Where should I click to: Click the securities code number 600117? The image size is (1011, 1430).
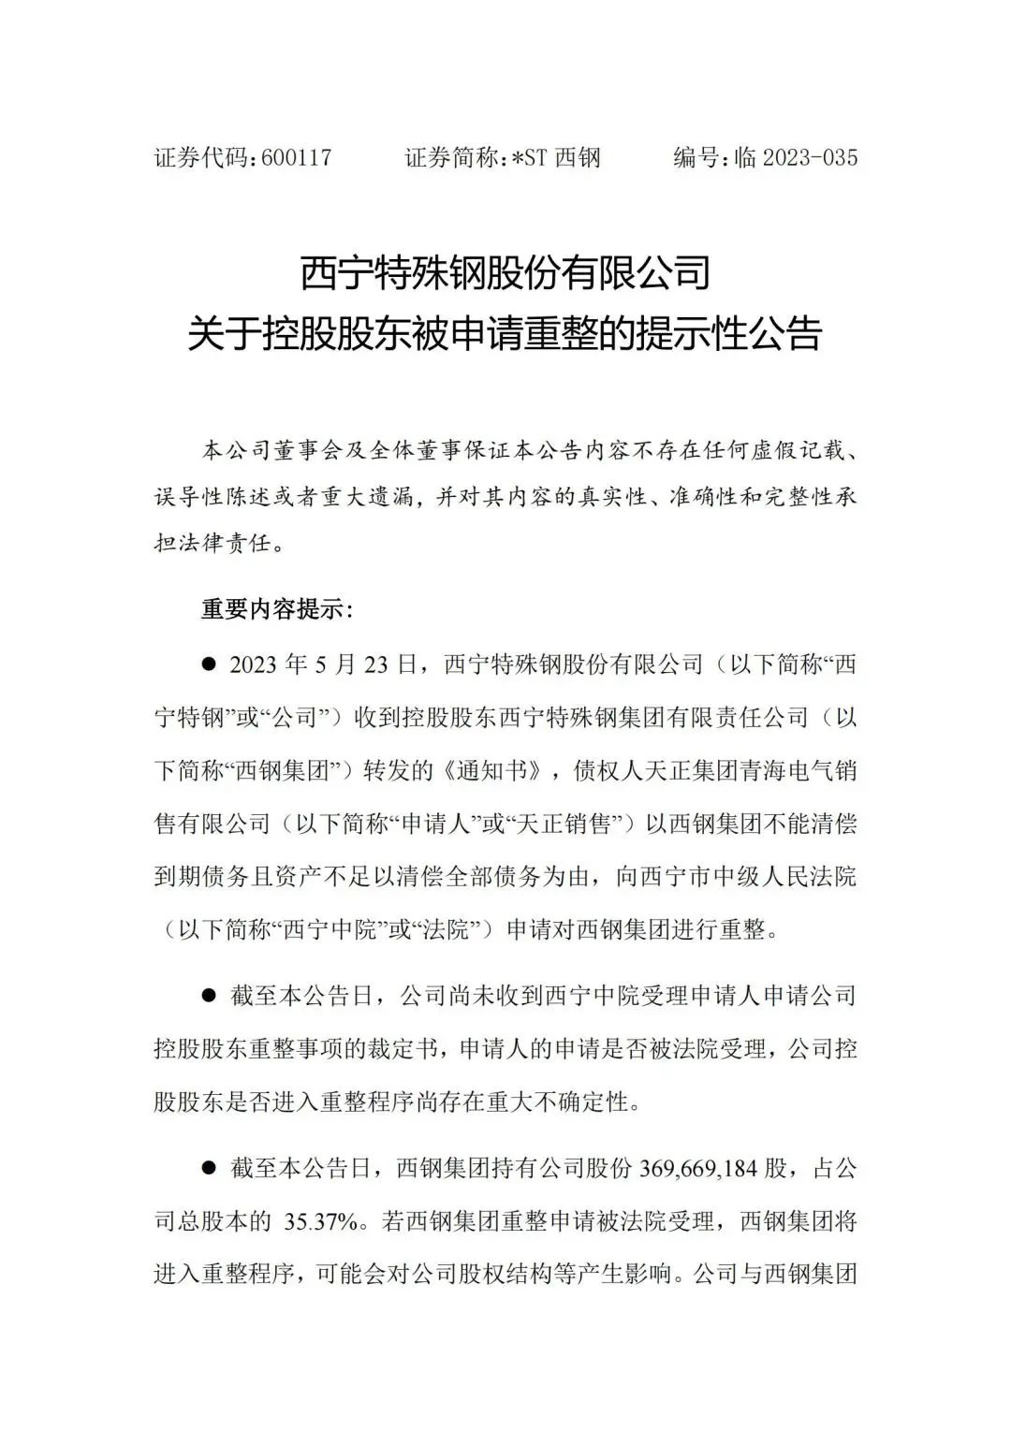(297, 157)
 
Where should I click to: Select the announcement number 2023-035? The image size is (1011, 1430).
(810, 157)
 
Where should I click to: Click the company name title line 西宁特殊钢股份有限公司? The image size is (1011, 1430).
(505, 273)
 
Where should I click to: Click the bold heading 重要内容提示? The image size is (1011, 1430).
(277, 610)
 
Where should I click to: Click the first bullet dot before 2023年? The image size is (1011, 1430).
(209, 664)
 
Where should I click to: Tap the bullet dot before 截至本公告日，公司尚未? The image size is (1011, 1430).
(209, 996)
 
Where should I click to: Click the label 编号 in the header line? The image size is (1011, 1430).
(697, 157)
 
